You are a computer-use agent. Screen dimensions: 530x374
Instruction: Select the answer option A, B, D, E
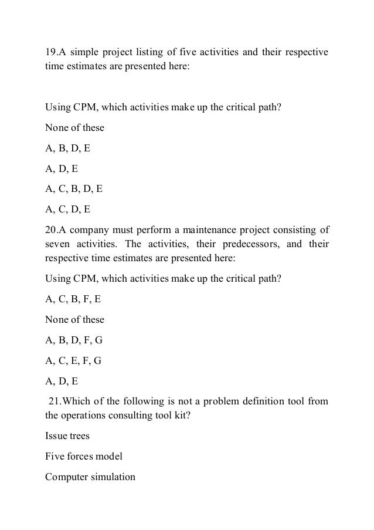pos(68,149)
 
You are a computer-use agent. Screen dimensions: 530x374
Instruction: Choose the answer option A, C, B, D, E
pos(74,189)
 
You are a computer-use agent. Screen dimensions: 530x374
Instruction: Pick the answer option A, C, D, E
pos(68,209)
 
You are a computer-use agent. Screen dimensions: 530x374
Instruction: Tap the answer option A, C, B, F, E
pos(73,298)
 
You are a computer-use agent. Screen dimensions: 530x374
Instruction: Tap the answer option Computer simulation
pos(90,476)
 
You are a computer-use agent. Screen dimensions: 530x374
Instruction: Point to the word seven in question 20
pos(59,243)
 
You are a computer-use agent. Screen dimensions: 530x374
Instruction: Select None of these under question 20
pos(74,319)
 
